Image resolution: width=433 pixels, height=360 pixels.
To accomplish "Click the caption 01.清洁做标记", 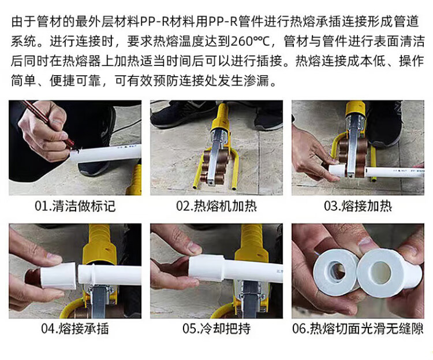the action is click(x=75, y=206).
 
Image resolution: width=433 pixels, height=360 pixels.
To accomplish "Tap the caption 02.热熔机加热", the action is click(x=216, y=206).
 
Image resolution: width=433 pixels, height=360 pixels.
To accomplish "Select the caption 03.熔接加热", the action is click(x=358, y=206).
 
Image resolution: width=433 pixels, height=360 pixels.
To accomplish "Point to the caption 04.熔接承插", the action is click(x=75, y=329).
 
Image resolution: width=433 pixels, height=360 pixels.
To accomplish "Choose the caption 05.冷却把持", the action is click(x=216, y=329).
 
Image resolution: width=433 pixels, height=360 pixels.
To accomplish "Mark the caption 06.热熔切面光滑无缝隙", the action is click(x=358, y=329).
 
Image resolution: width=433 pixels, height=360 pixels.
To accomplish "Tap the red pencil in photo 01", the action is click(x=49, y=123).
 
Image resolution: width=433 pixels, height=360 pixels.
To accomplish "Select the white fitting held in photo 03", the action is click(x=337, y=169).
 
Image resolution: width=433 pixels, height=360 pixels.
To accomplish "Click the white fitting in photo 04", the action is click(x=58, y=276).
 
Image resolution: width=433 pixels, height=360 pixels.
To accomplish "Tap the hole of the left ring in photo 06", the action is click(x=338, y=270).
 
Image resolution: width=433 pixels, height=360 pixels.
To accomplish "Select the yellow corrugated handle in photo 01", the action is click(x=135, y=180).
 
